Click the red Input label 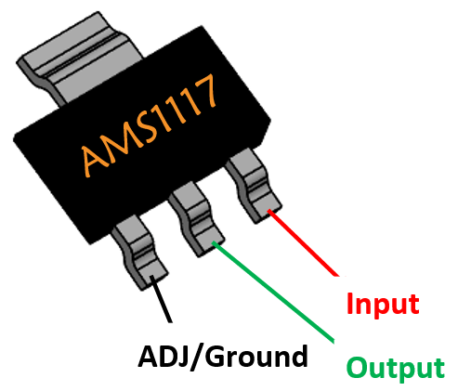pos(383,305)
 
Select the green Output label pos(396,369)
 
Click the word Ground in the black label pos(256,357)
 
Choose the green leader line pos(273,292)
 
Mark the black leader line pos(161,299)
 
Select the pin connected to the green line pos(197,218)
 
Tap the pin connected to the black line pos(140,252)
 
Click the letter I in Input pos(350,304)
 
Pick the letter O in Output pos(357,368)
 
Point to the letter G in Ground pos(216,357)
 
